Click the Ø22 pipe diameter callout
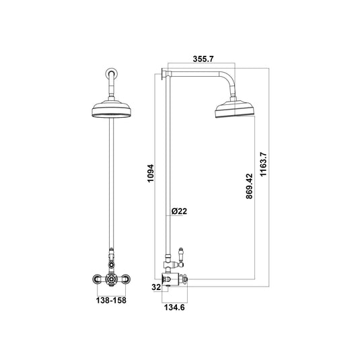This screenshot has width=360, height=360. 180,212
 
